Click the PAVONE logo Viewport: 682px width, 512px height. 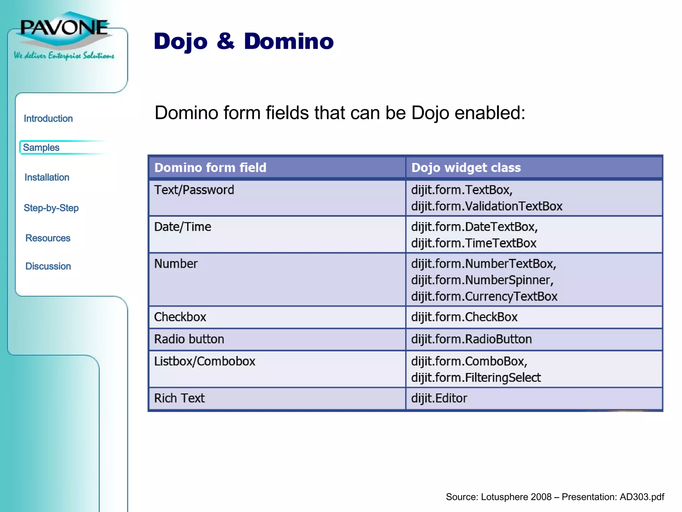[x=64, y=28]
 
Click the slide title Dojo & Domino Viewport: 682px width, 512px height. [x=243, y=41]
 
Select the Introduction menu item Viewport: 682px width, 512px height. [x=48, y=119]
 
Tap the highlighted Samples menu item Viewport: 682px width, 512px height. [x=41, y=148]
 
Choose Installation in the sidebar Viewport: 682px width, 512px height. [x=47, y=177]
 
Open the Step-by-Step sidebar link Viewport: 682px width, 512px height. [x=51, y=208]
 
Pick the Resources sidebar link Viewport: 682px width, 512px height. [x=48, y=238]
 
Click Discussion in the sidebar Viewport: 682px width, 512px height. [x=48, y=266]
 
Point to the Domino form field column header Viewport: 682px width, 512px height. [x=210, y=168]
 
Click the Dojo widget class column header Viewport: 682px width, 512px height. [x=466, y=168]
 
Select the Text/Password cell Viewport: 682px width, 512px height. [x=194, y=190]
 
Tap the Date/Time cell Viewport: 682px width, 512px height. [x=182, y=227]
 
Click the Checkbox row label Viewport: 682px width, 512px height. [x=180, y=317]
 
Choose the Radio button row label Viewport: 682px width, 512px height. [x=189, y=339]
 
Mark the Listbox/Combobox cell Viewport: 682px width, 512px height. [x=205, y=361]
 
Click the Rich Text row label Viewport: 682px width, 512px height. [x=179, y=398]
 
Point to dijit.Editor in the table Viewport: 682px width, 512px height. [x=439, y=398]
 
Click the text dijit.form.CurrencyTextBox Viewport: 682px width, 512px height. [x=484, y=297]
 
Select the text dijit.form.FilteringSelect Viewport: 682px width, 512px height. [x=476, y=378]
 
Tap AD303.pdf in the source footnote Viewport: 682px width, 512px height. [x=642, y=497]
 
